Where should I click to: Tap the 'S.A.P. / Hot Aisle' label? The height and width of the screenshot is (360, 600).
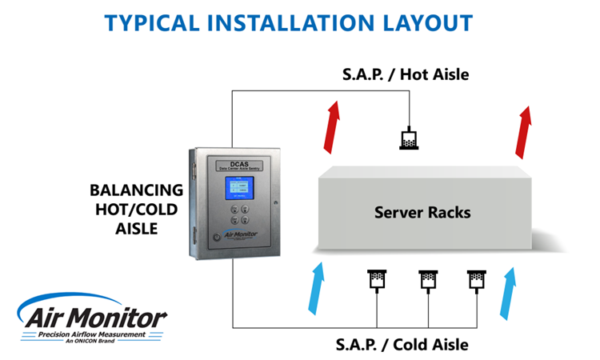406,75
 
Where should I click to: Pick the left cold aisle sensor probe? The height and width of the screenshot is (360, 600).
376,280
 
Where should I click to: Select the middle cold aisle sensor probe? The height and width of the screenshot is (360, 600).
426,280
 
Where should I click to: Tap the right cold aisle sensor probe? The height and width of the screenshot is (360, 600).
476,280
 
